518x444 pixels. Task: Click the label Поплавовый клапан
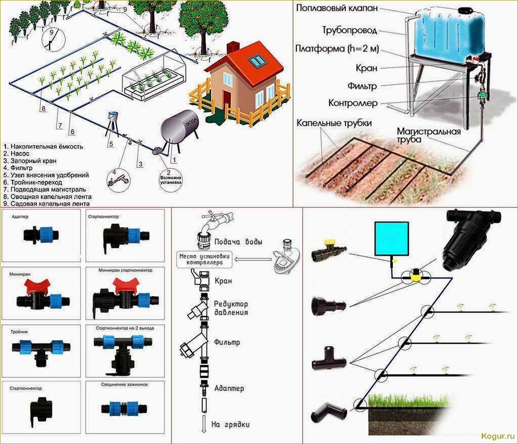click(x=336, y=9)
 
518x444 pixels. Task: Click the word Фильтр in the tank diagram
click(x=362, y=86)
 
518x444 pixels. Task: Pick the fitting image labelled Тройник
click(x=40, y=349)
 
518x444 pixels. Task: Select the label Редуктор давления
click(x=230, y=308)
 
